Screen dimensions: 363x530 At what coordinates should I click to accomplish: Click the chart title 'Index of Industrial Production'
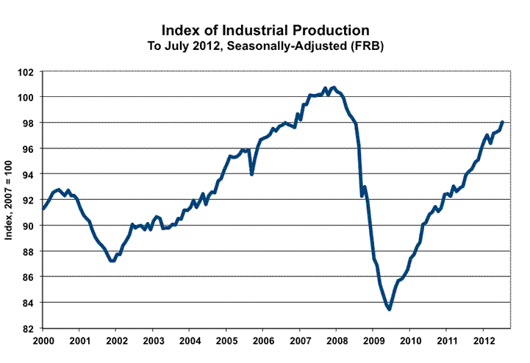point(265,30)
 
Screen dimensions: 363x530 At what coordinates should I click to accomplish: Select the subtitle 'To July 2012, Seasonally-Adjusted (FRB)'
point(265,45)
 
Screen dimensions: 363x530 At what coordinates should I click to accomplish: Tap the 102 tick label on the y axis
point(27,72)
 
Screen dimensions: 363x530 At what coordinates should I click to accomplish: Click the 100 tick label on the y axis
point(27,97)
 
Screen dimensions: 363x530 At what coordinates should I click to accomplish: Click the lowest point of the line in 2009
point(390,309)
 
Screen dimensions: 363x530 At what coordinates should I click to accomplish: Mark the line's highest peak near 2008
point(334,87)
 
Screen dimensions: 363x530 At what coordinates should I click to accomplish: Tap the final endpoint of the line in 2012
point(502,122)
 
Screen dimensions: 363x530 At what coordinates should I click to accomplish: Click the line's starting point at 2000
point(43,209)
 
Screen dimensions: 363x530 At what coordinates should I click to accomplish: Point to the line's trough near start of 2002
point(112,260)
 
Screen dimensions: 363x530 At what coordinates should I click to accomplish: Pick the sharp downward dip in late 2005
point(252,174)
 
